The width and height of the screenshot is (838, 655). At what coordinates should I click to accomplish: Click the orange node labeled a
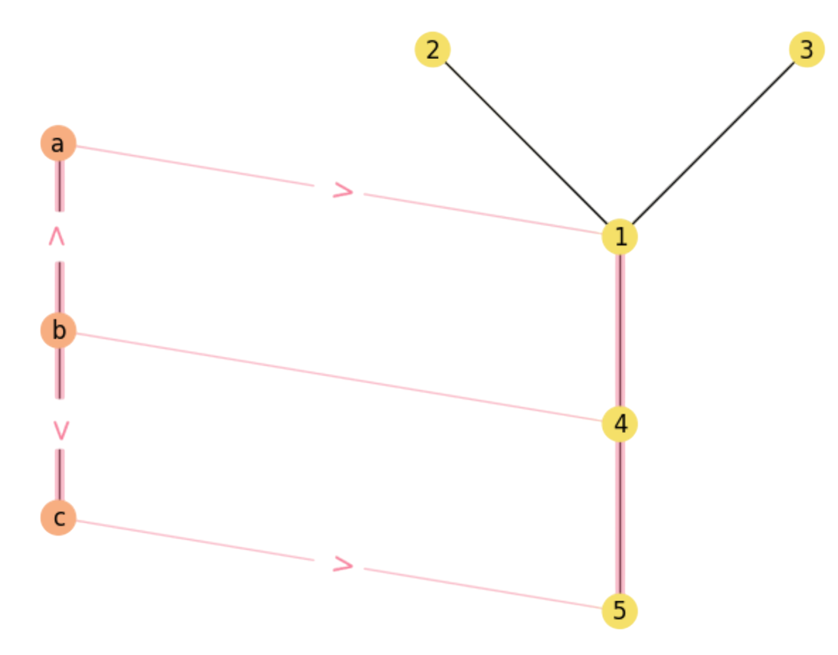tap(58, 143)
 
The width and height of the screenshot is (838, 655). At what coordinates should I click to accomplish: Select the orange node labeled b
tap(59, 330)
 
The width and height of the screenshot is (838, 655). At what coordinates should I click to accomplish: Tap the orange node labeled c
tap(59, 517)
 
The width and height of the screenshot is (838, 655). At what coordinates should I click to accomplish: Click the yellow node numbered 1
tap(619, 236)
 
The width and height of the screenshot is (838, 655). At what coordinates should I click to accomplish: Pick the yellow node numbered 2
tap(433, 50)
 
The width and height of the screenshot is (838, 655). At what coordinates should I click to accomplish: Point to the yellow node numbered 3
tap(807, 50)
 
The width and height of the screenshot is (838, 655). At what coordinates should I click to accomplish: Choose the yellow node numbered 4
tap(619, 424)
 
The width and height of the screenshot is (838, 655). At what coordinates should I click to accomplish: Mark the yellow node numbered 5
tap(619, 610)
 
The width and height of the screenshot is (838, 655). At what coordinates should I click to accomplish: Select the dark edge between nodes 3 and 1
tap(713, 143)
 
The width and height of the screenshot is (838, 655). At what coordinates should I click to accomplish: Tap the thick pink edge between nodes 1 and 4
tap(619, 330)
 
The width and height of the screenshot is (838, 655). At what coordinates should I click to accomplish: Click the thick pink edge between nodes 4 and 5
tap(619, 517)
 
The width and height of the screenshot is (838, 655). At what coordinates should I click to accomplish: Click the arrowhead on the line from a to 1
tap(344, 191)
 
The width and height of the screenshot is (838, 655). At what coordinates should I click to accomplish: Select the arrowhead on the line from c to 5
tap(344, 564)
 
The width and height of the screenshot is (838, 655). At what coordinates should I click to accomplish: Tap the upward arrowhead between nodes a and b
tap(58, 237)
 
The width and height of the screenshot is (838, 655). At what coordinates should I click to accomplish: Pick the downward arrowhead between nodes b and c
tap(61, 430)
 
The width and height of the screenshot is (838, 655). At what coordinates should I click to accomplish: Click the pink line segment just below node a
tap(60, 187)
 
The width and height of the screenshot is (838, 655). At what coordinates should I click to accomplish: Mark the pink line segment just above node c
tap(60, 473)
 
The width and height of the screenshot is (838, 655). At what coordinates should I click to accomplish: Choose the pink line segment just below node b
tap(60, 375)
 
